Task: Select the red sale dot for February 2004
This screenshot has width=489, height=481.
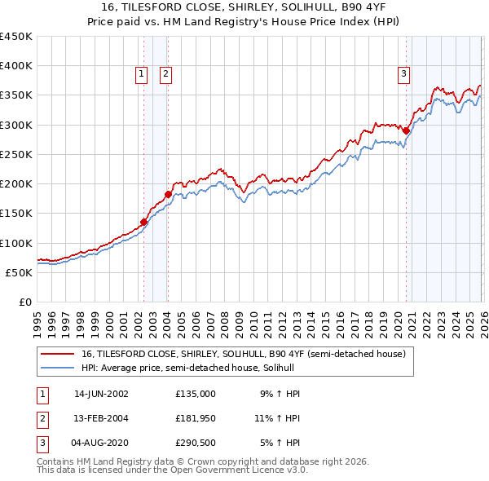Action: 168,194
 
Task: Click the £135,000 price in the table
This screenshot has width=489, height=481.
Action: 196,393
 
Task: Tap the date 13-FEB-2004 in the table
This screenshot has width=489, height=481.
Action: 101,419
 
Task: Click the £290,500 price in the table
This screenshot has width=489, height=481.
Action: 196,444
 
